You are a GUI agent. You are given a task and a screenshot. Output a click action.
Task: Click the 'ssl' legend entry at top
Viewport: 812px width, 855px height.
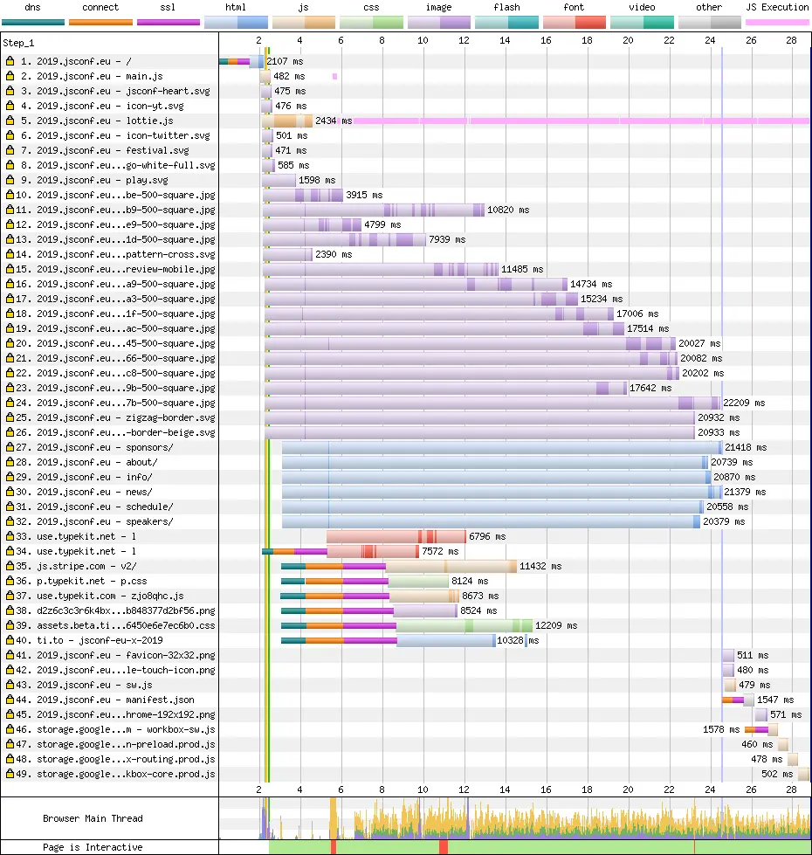pyautogui.click(x=169, y=7)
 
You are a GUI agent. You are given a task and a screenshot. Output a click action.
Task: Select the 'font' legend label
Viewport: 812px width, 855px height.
pyautogui.click(x=574, y=7)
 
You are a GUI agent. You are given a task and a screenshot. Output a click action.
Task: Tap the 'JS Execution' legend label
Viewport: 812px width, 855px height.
pyautogui.click(x=777, y=7)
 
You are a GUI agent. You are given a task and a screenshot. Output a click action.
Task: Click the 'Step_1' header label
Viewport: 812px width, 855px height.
pyautogui.click(x=19, y=42)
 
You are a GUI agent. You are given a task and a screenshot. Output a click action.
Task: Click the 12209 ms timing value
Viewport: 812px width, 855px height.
pyautogui.click(x=555, y=625)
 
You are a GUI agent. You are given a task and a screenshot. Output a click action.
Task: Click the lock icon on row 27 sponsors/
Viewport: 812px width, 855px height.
pyautogui.click(x=10, y=447)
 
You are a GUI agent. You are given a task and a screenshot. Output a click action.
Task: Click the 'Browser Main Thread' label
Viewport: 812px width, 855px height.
pyautogui.click(x=93, y=818)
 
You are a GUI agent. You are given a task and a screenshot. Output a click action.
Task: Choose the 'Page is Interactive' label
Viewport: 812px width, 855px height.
pyautogui.click(x=93, y=847)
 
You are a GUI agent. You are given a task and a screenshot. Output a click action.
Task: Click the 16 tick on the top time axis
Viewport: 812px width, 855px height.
pyautogui.click(x=546, y=41)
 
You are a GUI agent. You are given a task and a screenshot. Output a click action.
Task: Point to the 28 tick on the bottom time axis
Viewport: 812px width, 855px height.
pyautogui.click(x=791, y=789)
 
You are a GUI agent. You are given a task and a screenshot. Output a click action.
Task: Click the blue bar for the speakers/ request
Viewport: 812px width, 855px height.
pyautogui.click(x=489, y=521)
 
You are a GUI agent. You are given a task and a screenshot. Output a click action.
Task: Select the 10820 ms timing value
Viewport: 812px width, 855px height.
pyautogui.click(x=508, y=210)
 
